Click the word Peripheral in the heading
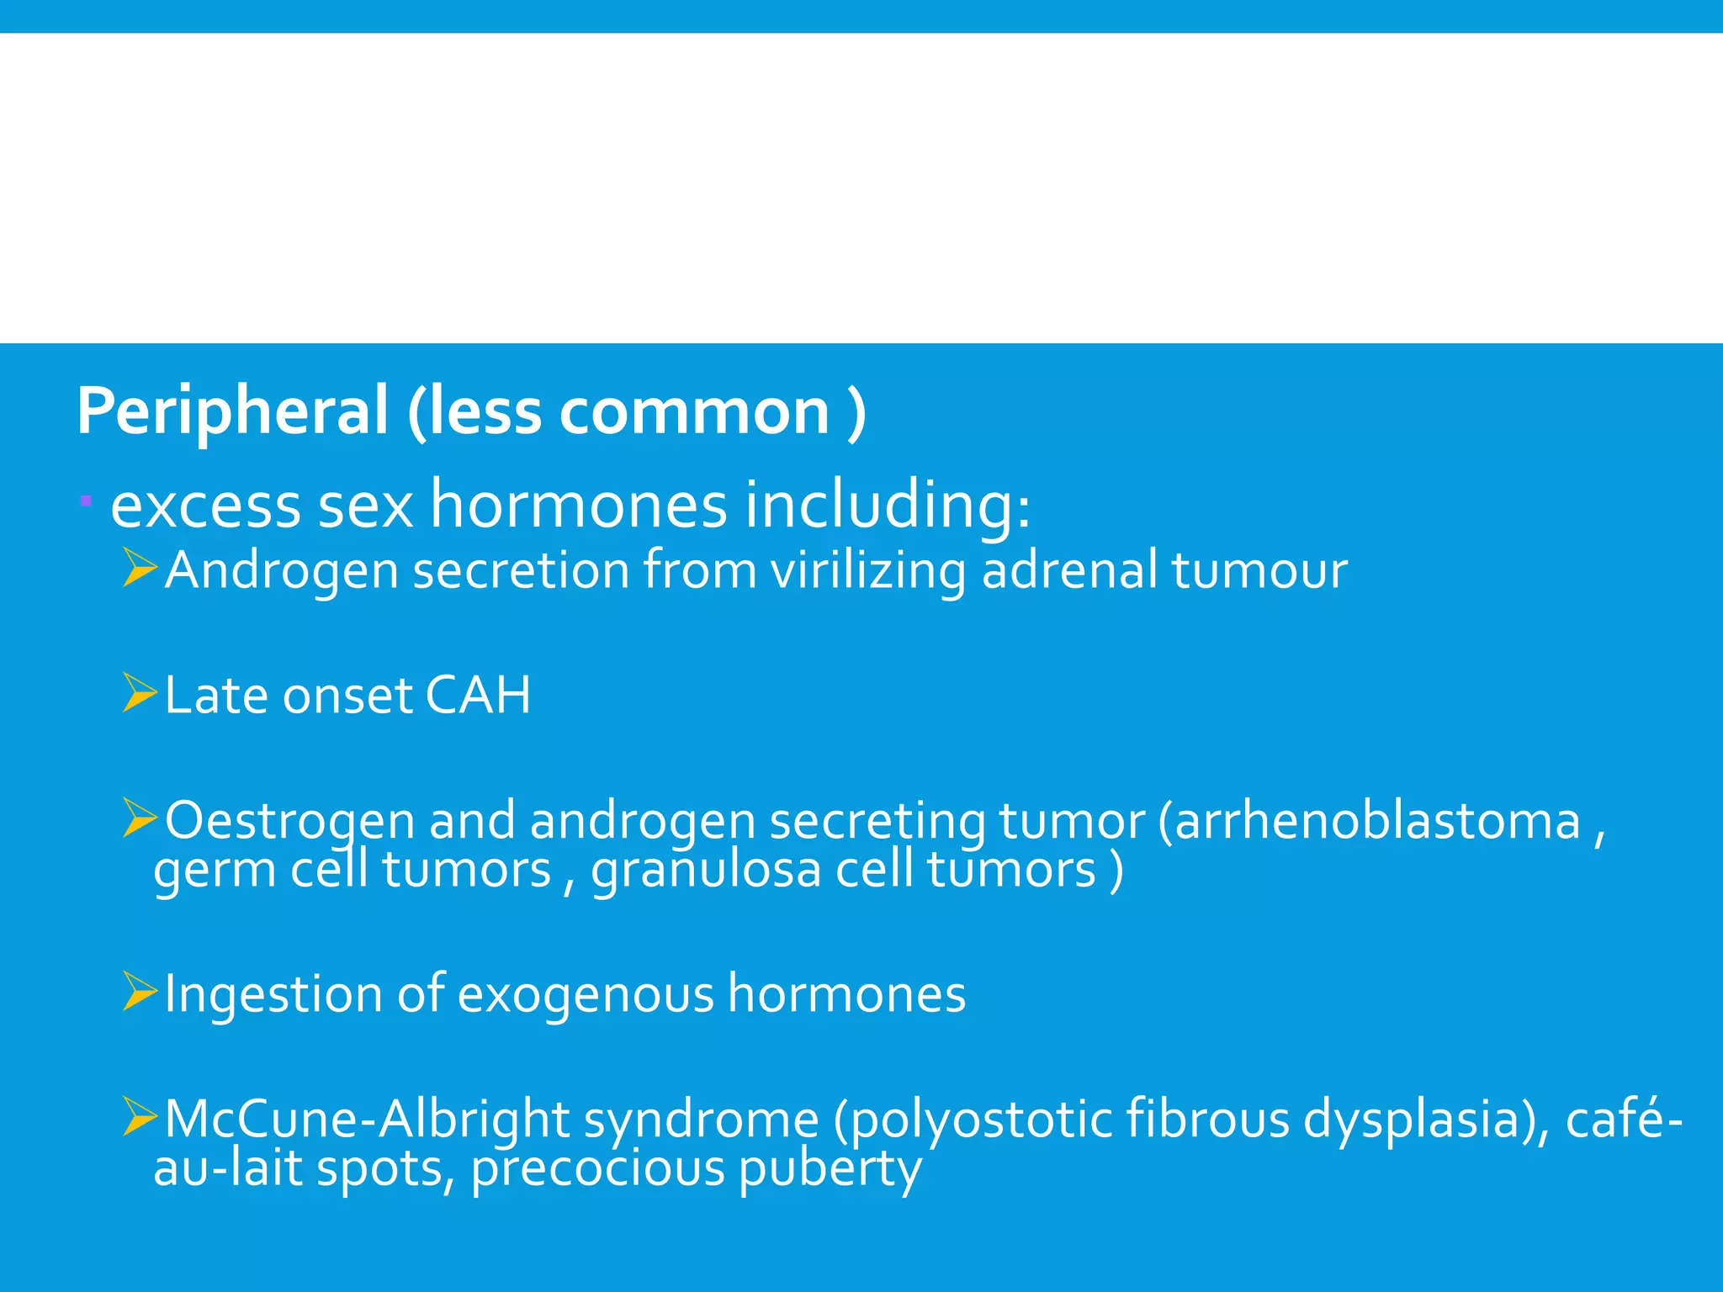point(232,411)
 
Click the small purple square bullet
point(86,502)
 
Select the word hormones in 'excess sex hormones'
point(578,506)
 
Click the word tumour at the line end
point(1259,570)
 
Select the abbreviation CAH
point(478,695)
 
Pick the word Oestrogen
point(289,820)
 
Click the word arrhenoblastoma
point(1377,820)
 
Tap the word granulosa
point(705,869)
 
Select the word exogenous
point(586,994)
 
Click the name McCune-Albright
point(367,1119)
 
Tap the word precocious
point(597,1169)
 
